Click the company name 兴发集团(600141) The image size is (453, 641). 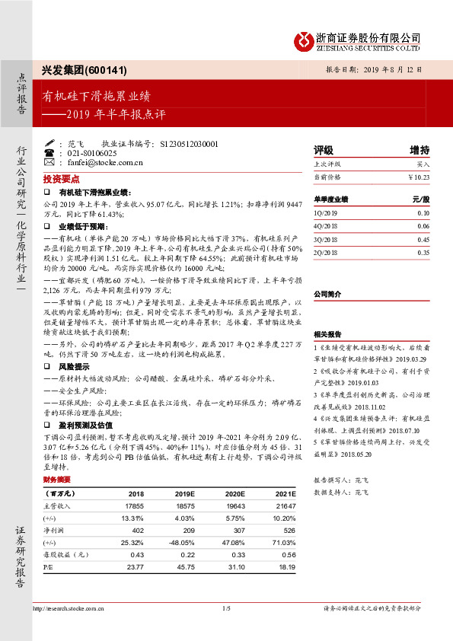click(73, 69)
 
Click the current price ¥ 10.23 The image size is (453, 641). click(419, 177)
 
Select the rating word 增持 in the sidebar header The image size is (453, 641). click(420, 150)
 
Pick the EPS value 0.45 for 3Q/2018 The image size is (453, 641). click(423, 239)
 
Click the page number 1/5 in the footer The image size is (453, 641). click(226, 608)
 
